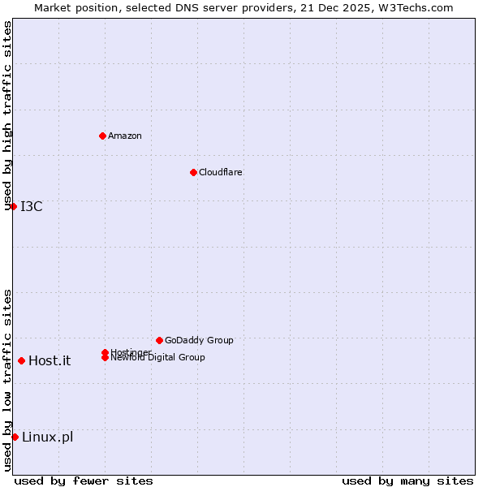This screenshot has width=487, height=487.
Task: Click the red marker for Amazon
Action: (102, 136)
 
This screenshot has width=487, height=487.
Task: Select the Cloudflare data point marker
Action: (193, 172)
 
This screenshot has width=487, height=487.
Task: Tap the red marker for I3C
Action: (13, 206)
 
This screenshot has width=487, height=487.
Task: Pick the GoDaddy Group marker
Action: (159, 340)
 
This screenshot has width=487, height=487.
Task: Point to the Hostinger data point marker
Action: (105, 352)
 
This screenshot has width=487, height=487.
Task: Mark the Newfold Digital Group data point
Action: (105, 358)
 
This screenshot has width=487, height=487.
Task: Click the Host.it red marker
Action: (21, 360)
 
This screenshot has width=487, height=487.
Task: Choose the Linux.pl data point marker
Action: (15, 437)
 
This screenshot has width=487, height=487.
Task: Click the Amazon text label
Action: (124, 136)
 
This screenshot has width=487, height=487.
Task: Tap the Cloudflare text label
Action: (220, 172)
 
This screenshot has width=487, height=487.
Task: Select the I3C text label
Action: (32, 206)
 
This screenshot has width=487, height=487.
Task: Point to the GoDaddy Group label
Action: (199, 340)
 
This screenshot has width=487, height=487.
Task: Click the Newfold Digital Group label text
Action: (157, 358)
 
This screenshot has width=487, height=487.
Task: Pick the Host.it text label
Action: (50, 360)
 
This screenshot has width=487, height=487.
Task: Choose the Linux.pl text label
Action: (47, 437)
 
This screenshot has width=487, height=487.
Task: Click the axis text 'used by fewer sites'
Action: (84, 481)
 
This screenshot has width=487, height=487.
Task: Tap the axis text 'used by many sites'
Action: (407, 481)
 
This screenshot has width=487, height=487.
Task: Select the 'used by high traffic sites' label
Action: (8, 116)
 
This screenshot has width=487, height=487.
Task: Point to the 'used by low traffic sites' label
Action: (8, 380)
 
